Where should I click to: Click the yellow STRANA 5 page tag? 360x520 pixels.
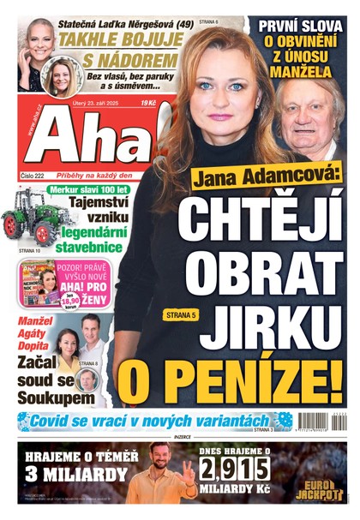coord(181,315)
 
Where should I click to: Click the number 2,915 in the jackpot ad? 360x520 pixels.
coord(235,469)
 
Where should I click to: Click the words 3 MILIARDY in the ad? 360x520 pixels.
coord(70,474)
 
